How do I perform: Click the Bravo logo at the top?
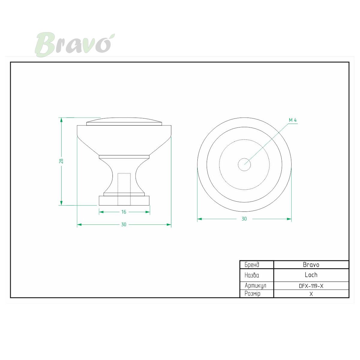pos(75,44)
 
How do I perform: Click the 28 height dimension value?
pos(61,161)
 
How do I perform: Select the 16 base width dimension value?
pos(124,212)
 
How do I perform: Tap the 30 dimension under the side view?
pos(124,224)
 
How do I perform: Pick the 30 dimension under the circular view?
pos(244,219)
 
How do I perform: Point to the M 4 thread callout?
pos(292,120)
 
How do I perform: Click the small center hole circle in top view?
pos(244,165)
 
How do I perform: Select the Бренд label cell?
pos(257,265)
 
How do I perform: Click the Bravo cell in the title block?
pos(311,265)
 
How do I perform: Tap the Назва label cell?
pos(257,275)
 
